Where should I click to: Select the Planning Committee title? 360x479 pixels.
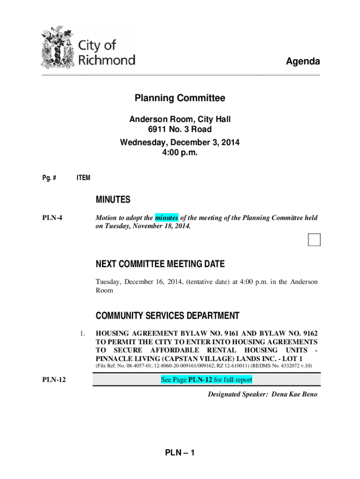(x=180, y=98)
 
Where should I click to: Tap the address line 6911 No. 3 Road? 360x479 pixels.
(x=180, y=129)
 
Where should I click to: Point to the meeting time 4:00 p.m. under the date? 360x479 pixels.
(x=180, y=152)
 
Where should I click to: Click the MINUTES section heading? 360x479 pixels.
(x=113, y=200)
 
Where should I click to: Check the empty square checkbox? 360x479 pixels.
(x=314, y=239)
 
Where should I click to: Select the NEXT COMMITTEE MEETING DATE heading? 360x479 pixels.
(x=160, y=264)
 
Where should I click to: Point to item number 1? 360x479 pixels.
(x=82, y=334)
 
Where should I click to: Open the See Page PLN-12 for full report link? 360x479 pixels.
(x=206, y=380)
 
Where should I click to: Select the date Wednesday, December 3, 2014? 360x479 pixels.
(x=180, y=142)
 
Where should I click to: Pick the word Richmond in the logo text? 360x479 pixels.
(x=107, y=60)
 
